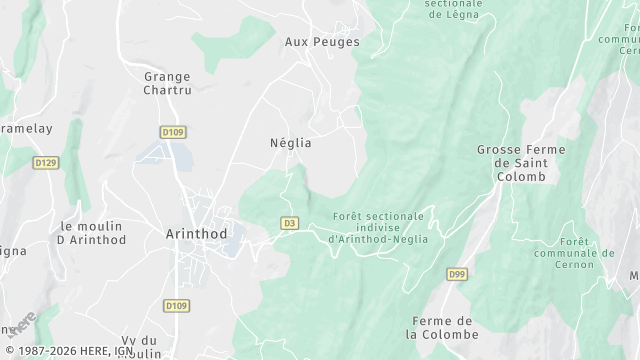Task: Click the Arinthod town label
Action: point(196,233)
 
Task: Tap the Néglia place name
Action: point(291,143)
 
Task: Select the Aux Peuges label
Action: point(322,42)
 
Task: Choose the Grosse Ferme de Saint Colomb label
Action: point(520,163)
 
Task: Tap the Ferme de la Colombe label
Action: point(443,327)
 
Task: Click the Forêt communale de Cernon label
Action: point(588,254)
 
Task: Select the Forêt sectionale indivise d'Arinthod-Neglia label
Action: point(379,227)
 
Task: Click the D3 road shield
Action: point(290,223)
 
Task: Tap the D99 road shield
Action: point(457,274)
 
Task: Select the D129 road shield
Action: point(44,162)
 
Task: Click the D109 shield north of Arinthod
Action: point(173,131)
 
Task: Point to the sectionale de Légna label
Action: point(453,9)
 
